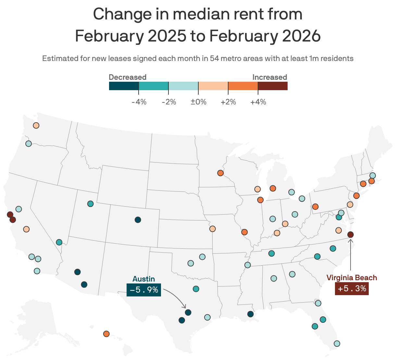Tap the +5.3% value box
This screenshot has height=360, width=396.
coord(352,288)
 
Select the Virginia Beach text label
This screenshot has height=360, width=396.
coord(352,278)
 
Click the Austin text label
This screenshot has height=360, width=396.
coord(144,279)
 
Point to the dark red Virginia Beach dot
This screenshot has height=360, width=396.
coord(351,234)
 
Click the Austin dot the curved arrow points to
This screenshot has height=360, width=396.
coord(188,313)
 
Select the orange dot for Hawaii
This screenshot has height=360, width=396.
coord(106,334)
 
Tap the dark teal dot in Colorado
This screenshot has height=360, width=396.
coord(138,220)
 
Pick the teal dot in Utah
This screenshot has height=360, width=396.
coord(90,204)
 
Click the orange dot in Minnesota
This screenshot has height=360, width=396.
coord(220,173)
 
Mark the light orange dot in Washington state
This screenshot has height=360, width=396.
coord(36,125)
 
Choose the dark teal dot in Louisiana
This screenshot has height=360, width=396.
coord(250,314)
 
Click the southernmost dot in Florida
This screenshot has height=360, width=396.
coord(337,343)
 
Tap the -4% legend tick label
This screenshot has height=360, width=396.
coord(139,102)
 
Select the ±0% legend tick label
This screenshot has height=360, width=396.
coord(198,102)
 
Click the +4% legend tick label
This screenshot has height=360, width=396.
coord(258,102)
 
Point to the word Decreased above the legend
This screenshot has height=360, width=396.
coord(128,77)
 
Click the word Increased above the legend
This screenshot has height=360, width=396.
coord(270,77)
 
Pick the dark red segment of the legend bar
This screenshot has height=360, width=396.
coord(273,86)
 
